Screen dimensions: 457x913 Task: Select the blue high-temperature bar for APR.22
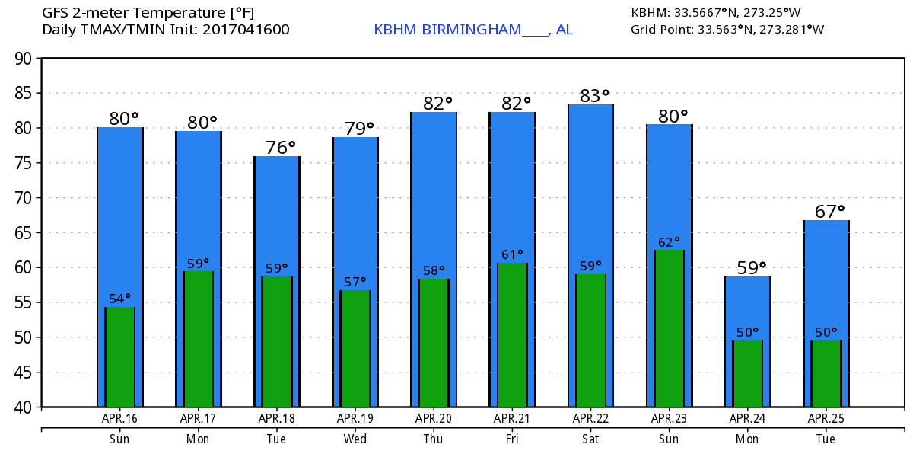click(590, 190)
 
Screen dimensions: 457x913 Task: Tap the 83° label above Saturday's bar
click(594, 96)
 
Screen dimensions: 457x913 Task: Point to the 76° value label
click(281, 148)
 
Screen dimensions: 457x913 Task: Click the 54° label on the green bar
click(120, 299)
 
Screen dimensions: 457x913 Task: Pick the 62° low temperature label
click(669, 242)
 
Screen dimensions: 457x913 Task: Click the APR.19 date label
click(355, 418)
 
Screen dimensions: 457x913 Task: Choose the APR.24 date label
click(747, 418)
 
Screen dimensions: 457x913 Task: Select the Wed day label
click(355, 439)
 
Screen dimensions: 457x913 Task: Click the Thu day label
click(433, 439)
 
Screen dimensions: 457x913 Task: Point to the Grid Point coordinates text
click(727, 30)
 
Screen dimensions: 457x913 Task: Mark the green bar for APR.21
click(512, 335)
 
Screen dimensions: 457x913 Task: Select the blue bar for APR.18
click(277, 213)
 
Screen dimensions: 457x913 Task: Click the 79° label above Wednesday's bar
click(359, 128)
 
